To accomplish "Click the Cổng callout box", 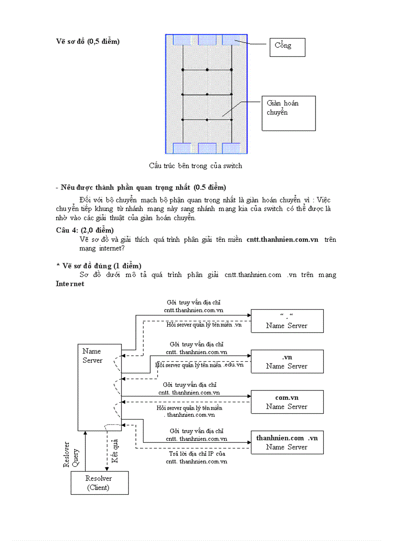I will pos(287,47).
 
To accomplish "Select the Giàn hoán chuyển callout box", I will pos(288,113).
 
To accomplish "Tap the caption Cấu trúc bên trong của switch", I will pos(196,166).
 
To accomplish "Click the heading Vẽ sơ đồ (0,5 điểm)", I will pos(88,41).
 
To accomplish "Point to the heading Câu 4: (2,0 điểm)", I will pos(85,230).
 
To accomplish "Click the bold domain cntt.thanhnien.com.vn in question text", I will pos(282,239).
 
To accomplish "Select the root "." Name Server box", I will pos(287,321).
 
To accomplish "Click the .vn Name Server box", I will pos(287,362).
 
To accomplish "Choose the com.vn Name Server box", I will pos(287,402).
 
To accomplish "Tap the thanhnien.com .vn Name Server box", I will pos(287,442).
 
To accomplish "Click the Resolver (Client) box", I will pos(99,483).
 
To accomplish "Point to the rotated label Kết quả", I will pos(115,451).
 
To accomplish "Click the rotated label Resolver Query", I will pos(71,455).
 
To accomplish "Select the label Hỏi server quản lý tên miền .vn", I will pos(204,325).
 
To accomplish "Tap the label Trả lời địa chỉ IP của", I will pos(196,453).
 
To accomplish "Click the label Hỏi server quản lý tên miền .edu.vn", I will pos(200,365).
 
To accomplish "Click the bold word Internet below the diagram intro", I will pos(70,284).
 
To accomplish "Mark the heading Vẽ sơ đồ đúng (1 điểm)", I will pos(99,266).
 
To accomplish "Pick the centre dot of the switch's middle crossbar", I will pos(207,94).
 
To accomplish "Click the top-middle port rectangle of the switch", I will pos(207,40).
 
